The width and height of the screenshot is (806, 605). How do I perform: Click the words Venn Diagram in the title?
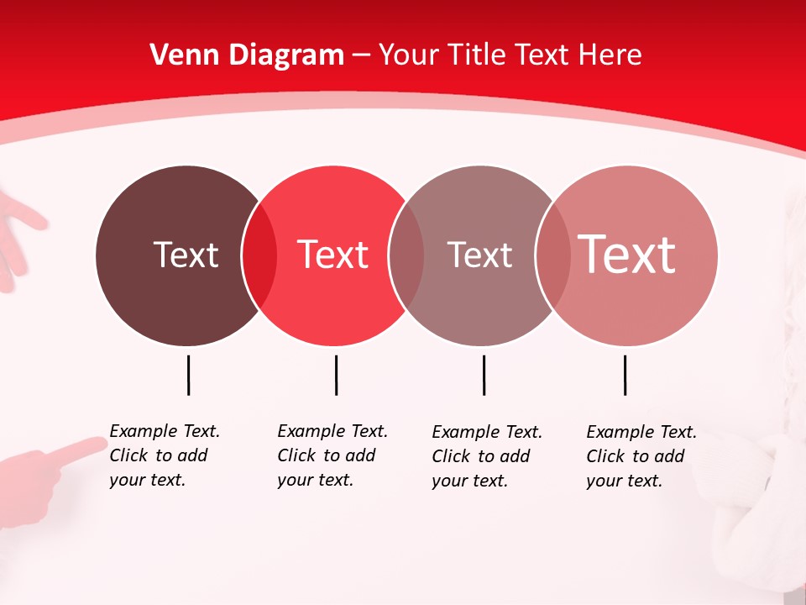[247, 55]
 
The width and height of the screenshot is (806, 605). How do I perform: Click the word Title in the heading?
[479, 55]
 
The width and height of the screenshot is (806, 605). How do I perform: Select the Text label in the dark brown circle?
[186, 255]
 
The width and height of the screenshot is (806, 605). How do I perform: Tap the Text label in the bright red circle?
[333, 255]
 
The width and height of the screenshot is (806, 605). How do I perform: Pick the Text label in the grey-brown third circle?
[479, 255]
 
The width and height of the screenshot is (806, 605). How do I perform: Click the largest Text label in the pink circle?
[627, 254]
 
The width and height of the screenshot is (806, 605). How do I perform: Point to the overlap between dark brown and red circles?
[259, 255]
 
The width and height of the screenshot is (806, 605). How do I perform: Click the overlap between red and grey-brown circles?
[406, 255]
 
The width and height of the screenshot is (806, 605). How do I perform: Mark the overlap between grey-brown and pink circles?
[553, 255]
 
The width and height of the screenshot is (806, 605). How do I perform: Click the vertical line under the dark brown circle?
[188, 375]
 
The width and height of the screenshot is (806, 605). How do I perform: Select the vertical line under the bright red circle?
[336, 375]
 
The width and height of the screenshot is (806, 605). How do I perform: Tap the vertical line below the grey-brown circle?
[484, 375]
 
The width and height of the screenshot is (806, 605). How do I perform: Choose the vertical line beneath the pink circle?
[625, 375]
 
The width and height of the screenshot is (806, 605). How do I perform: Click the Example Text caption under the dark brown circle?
[165, 455]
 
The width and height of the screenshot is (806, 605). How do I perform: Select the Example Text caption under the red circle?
[332, 455]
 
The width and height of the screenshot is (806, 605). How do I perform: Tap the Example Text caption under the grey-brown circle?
[487, 456]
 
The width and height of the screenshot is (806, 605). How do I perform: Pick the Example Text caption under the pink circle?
[641, 456]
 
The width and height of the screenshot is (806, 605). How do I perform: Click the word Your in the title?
[408, 55]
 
